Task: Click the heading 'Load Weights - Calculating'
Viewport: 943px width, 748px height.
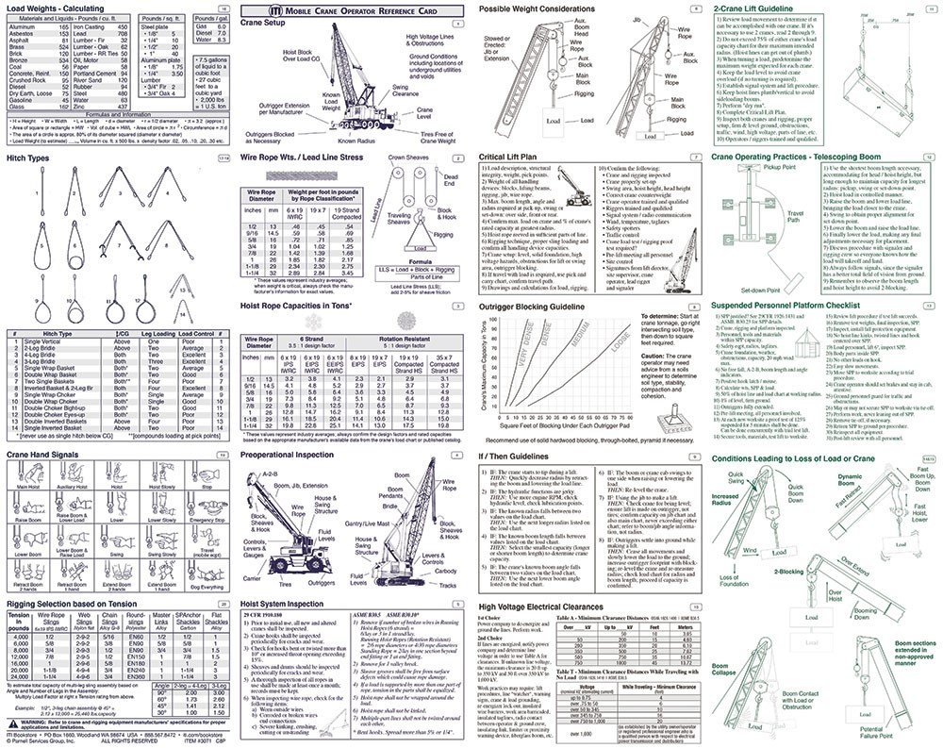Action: coord(57,9)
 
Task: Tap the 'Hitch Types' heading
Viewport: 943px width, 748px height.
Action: coord(29,158)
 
